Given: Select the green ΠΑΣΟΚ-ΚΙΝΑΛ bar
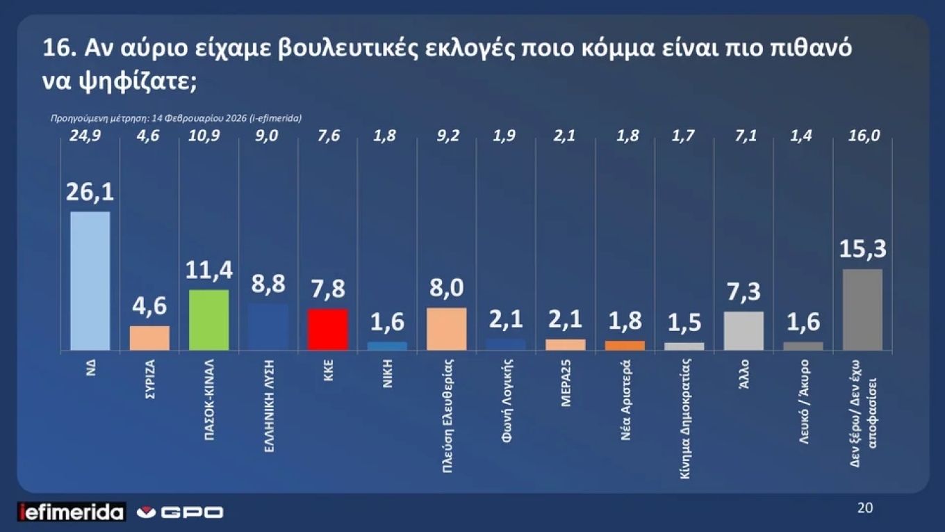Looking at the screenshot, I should (209, 320).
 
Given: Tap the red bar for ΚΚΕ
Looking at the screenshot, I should (328, 329).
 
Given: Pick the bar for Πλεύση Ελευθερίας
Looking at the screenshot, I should (446, 328).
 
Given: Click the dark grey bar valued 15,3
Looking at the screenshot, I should (862, 309).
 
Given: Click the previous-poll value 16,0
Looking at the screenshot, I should (862, 136).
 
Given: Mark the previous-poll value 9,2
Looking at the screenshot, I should (446, 136).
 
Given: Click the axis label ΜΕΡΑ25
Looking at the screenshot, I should (565, 382).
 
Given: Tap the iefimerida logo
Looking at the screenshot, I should (72, 513).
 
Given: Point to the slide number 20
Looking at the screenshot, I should (864, 508).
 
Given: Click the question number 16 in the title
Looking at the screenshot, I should (58, 50).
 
